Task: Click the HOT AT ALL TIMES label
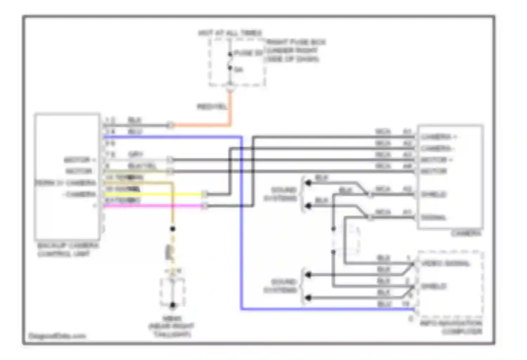coord(230,33)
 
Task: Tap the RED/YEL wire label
coord(212,107)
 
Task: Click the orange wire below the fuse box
coord(230,109)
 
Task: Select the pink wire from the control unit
coord(155,206)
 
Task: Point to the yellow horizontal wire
coord(155,194)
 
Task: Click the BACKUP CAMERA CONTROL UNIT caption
coord(67,249)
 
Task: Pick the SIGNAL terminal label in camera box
coord(434,218)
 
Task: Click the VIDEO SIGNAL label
coord(445,263)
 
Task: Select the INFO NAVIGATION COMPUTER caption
coord(451,327)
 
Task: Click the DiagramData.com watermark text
coord(57,336)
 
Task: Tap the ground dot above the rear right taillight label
coord(173,305)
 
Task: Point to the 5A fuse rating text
coord(238,70)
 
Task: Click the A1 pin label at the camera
coord(407,212)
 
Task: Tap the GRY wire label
coord(135,154)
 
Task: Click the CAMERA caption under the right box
coord(466,233)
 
